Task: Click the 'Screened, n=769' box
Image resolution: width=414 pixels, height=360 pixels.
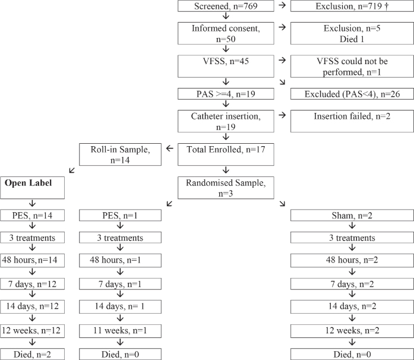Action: [x=226, y=7]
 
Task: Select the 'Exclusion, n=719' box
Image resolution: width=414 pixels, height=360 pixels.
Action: [x=352, y=7]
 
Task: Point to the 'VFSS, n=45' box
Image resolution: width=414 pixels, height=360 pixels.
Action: [x=226, y=63]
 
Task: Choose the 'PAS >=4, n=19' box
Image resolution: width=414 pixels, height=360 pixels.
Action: [x=226, y=94]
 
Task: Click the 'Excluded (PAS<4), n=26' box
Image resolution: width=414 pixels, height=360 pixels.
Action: [x=352, y=94]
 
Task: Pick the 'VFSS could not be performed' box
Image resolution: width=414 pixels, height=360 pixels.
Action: [x=352, y=63]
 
